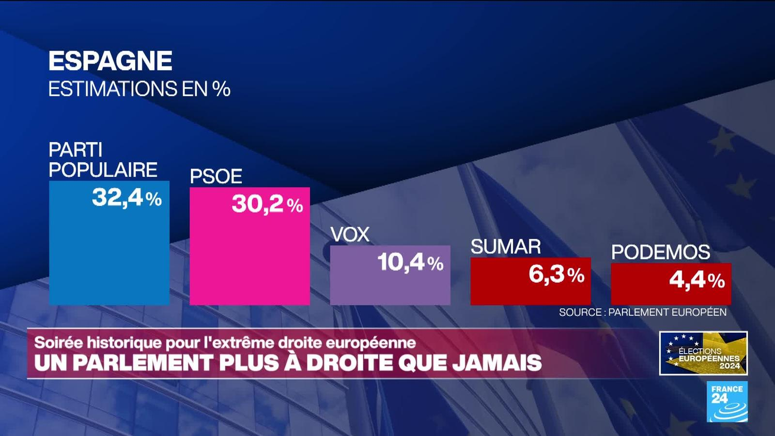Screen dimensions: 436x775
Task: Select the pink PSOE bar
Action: pyautogui.click(x=249, y=257)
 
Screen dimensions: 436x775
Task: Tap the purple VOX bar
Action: pyautogui.click(x=390, y=286)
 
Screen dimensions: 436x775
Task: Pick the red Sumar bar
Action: pyautogui.click(x=530, y=291)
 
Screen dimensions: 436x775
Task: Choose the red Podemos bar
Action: pyautogui.click(x=671, y=293)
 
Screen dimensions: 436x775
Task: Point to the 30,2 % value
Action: pyautogui.click(x=267, y=204)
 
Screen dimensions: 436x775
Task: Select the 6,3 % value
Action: pyautogui.click(x=556, y=275)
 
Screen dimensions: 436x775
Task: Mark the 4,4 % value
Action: pyautogui.click(x=697, y=280)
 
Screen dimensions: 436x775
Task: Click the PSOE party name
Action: pyautogui.click(x=216, y=176)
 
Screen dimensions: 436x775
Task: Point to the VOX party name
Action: pyautogui.click(x=350, y=235)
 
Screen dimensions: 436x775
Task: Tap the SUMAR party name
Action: pyautogui.click(x=506, y=247)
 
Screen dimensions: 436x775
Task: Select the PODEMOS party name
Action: pyautogui.click(x=660, y=252)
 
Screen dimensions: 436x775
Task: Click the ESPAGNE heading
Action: pyautogui.click(x=110, y=61)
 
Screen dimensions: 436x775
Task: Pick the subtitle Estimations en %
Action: pyautogui.click(x=139, y=89)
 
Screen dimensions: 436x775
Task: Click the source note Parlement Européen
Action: pyautogui.click(x=643, y=312)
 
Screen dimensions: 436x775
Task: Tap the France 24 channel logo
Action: pyautogui.click(x=727, y=401)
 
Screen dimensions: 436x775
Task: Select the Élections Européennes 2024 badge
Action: pyautogui.click(x=703, y=353)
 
